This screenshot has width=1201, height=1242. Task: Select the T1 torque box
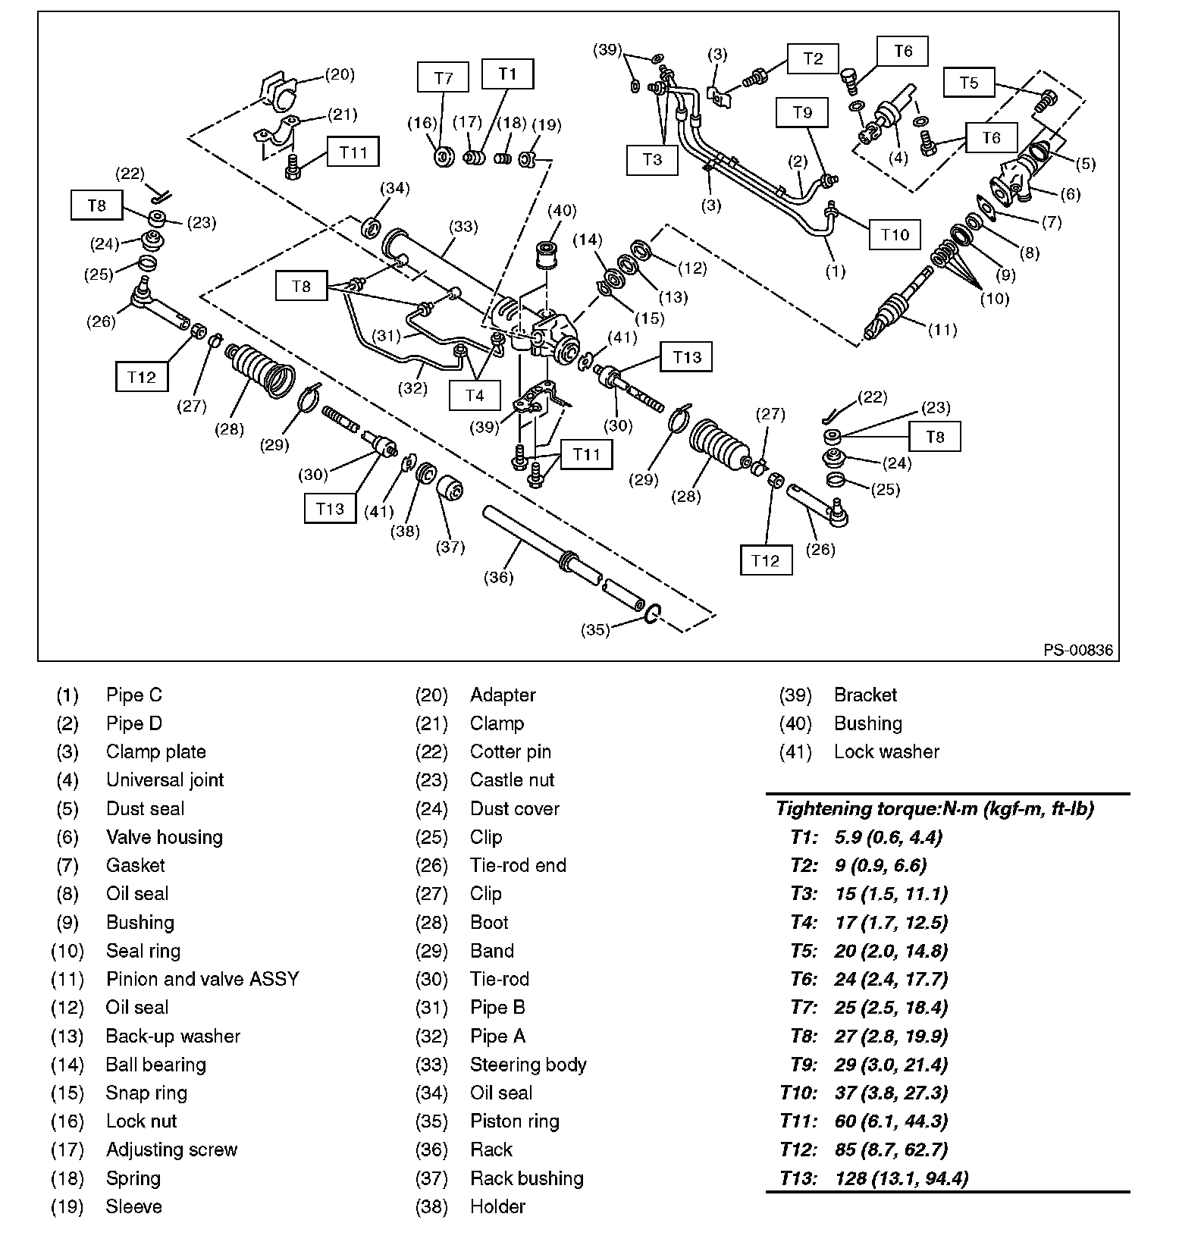click(507, 74)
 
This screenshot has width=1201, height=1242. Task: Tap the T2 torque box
click(813, 58)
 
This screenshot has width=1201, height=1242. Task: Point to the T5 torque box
click(969, 83)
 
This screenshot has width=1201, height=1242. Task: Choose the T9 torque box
click(802, 113)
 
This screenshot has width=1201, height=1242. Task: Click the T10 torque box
click(895, 234)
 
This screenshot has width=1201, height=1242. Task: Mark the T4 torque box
click(474, 395)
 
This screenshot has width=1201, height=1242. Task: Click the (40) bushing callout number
click(561, 210)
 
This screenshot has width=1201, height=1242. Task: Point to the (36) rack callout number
click(498, 577)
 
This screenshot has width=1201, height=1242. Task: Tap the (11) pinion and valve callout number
click(943, 330)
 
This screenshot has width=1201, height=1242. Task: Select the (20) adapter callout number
click(340, 74)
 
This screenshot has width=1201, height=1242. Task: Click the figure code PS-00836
click(1077, 650)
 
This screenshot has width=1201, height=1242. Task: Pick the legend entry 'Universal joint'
click(165, 780)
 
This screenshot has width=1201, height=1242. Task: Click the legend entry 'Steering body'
click(528, 1065)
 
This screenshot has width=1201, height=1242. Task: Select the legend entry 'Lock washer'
click(886, 751)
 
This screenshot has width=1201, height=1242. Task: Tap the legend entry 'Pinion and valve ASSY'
click(202, 979)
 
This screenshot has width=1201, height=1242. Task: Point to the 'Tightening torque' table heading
click(935, 808)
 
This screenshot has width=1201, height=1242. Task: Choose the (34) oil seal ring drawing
click(372, 226)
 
